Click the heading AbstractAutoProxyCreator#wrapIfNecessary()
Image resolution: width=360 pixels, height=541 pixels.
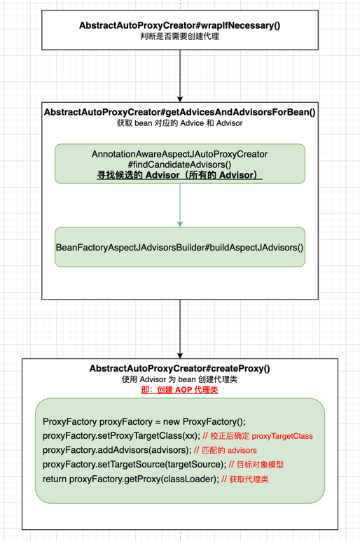coord(179,25)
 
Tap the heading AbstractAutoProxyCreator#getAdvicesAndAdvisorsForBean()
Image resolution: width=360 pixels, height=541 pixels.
coord(179,112)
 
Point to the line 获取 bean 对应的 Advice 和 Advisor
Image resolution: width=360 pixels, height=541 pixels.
coord(179,123)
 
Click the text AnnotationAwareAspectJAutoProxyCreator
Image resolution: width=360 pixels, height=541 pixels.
coord(179,153)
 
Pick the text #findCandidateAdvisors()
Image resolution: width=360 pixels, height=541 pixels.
coord(179,164)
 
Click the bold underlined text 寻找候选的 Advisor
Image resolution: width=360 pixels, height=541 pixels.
coord(179,175)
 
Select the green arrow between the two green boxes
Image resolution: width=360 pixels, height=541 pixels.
coord(180,205)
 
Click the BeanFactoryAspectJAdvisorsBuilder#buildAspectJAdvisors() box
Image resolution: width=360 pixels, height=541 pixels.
coord(180,247)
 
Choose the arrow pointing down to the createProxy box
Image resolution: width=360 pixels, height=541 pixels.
coord(180,329)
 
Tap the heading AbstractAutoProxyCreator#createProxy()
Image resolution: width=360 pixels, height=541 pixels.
coord(179,368)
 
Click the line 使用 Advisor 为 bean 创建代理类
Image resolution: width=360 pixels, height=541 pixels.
coord(179,379)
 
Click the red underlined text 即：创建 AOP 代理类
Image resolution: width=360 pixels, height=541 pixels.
coord(179,390)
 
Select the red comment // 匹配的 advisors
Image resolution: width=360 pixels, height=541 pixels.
coord(225,450)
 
